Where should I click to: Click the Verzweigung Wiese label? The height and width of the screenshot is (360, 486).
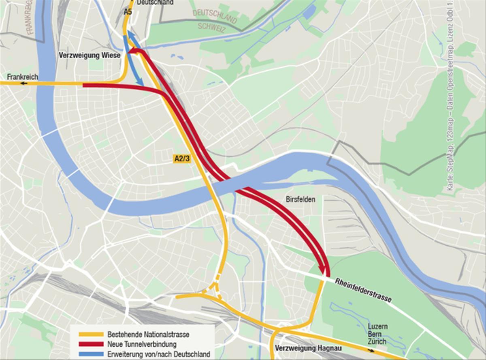(90, 56)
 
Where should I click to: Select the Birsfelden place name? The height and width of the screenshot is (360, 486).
(300, 199)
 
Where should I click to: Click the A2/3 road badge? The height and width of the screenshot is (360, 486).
(181, 159)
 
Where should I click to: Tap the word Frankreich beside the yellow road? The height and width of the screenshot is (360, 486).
(22, 77)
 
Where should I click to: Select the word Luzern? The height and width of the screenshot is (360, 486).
(377, 326)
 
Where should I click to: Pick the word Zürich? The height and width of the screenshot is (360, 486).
(377, 341)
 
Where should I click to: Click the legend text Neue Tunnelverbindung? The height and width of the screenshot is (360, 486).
(142, 345)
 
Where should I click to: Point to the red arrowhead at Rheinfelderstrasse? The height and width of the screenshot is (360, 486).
(323, 269)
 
